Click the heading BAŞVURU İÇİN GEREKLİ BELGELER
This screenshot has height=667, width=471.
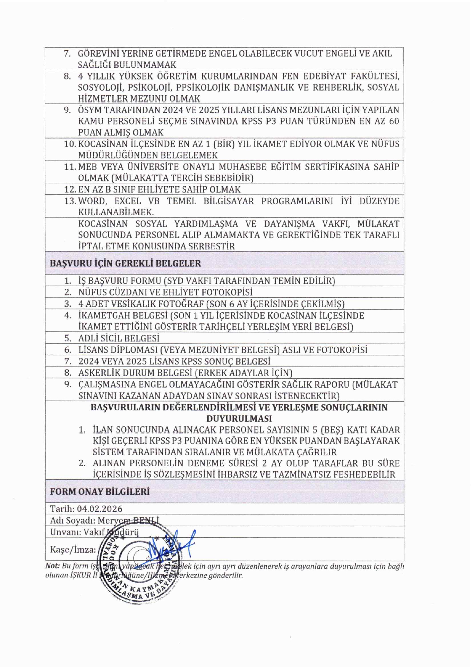pos(125,263)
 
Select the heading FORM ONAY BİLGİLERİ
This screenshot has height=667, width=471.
pos(100,492)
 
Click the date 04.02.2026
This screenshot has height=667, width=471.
pos(100,509)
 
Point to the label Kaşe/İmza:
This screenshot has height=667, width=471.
pos(73,550)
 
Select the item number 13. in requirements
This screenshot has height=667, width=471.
pos(70,201)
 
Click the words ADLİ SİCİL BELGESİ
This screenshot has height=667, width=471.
pos(119,338)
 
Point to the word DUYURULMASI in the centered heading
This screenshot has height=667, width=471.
pos(239,418)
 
